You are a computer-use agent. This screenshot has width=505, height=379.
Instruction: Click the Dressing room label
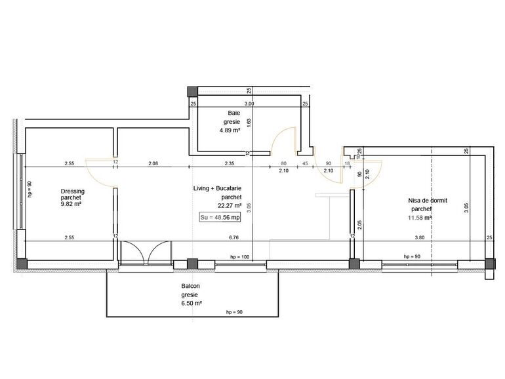click(x=68, y=191)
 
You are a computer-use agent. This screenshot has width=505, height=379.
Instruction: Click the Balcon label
click(x=192, y=287)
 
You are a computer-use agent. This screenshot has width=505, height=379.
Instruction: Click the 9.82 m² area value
click(x=69, y=205)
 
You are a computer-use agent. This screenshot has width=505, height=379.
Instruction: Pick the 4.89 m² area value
click(x=230, y=130)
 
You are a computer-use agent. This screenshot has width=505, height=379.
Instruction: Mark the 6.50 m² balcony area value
click(x=192, y=304)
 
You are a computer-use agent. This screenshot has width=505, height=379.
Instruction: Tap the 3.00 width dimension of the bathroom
click(x=249, y=104)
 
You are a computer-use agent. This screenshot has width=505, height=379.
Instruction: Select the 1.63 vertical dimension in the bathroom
click(x=249, y=121)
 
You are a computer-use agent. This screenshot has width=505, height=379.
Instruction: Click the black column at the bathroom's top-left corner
click(x=192, y=90)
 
